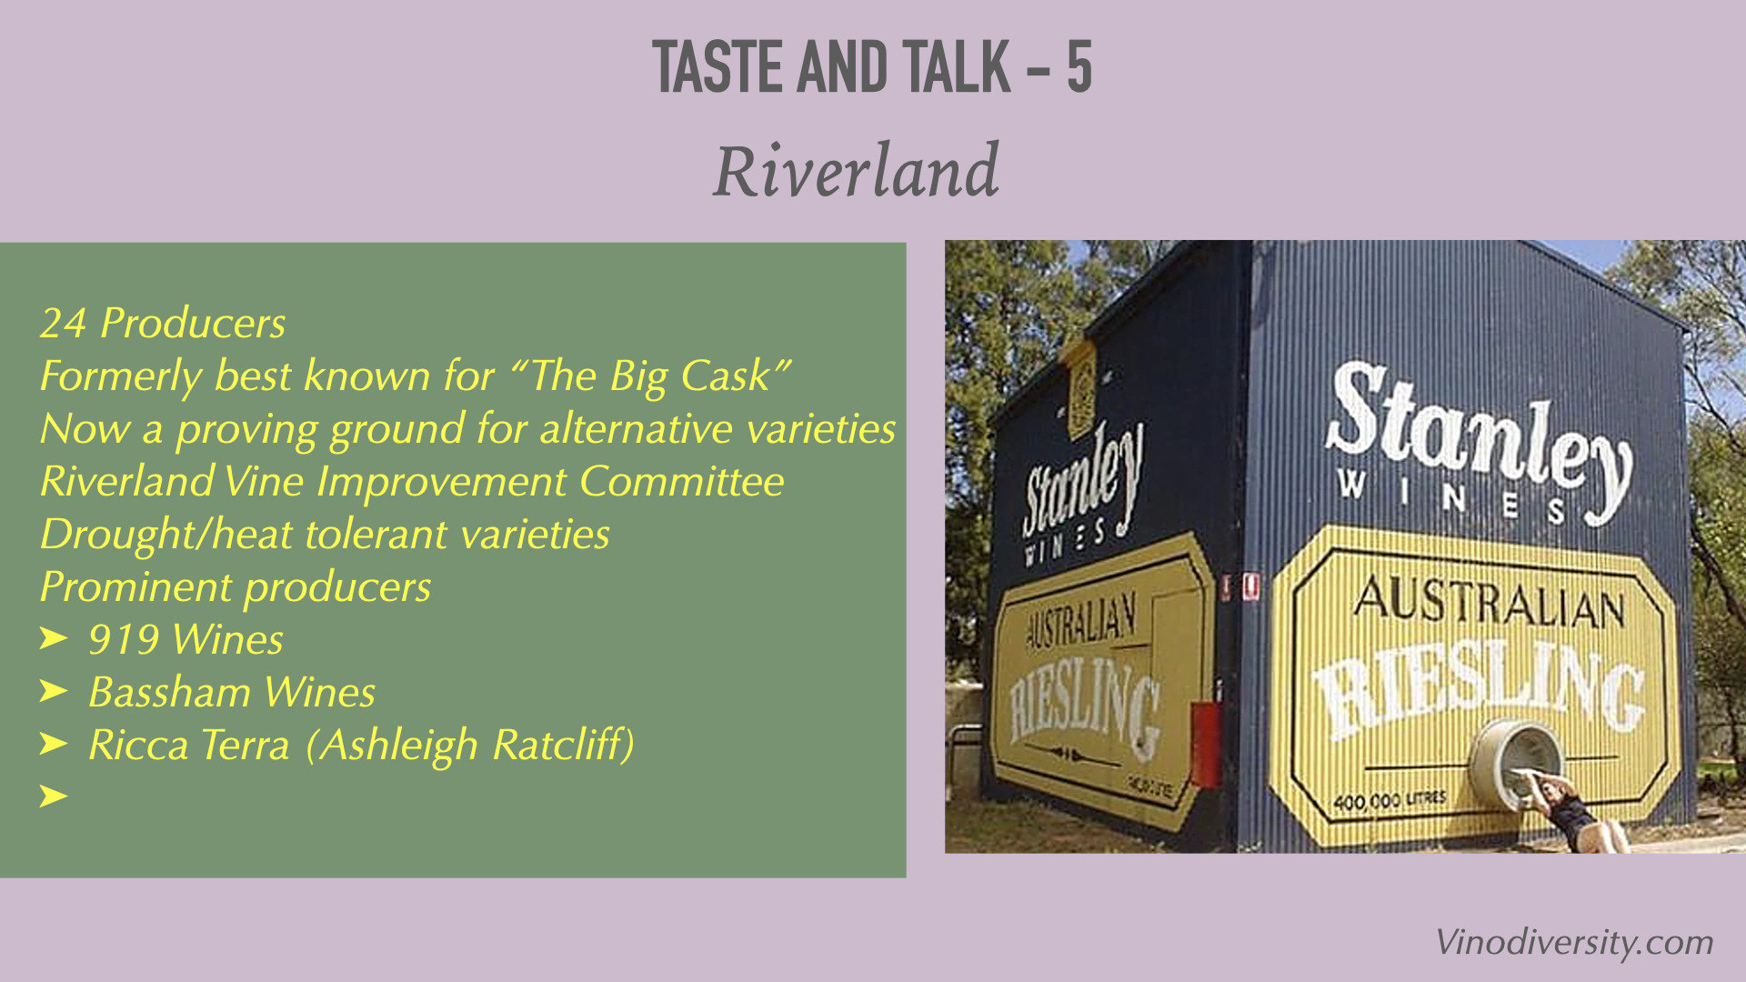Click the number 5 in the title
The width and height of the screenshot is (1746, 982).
pyautogui.click(x=1079, y=67)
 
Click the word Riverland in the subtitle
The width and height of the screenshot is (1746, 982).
pyautogui.click(x=856, y=171)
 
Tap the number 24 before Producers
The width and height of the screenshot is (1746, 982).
pyautogui.click(x=64, y=324)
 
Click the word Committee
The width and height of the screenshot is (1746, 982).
pyautogui.click(x=681, y=481)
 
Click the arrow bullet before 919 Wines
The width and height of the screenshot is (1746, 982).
pyautogui.click(x=54, y=638)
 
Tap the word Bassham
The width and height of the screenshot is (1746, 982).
pyautogui.click(x=170, y=692)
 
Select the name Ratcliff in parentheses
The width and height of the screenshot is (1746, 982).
pyautogui.click(x=558, y=745)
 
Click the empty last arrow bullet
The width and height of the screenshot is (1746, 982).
pyautogui.click(x=54, y=797)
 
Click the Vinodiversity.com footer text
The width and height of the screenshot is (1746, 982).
pyautogui.click(x=1574, y=943)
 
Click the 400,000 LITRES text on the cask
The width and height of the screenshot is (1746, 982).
pyautogui.click(x=1390, y=801)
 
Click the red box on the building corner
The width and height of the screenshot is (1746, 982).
pyautogui.click(x=1206, y=743)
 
